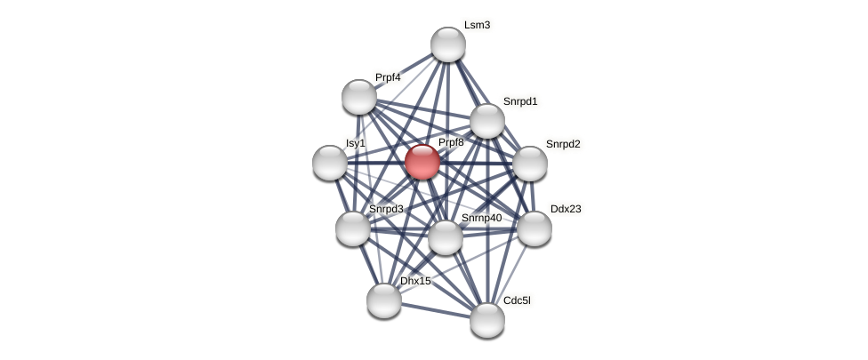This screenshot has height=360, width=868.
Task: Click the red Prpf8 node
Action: point(422,162)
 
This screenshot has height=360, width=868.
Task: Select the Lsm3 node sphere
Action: point(448,44)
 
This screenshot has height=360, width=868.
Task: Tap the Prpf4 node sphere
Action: point(359,97)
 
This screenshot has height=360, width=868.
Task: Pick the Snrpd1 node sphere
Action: point(487,121)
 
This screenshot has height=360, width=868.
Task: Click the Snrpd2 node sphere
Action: point(530,164)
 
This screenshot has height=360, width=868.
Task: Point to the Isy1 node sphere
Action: point(330,163)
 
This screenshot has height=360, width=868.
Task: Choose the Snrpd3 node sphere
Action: point(353,228)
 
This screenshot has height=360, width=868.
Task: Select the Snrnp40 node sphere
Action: point(446,237)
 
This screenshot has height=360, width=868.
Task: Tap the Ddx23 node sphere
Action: point(534,228)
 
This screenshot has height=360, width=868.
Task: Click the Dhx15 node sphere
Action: point(384,300)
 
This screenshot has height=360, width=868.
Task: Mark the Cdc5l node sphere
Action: point(487,320)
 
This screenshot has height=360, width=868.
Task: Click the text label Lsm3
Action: point(477,25)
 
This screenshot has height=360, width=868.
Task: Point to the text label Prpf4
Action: point(388,77)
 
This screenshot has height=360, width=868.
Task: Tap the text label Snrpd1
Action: point(520,101)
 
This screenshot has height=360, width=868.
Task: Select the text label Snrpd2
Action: point(563,144)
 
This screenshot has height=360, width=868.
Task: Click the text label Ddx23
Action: point(566,209)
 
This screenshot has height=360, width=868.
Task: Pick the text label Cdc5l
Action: point(517,300)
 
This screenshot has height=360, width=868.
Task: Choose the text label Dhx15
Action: point(415,281)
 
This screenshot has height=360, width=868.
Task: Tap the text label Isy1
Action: point(356,143)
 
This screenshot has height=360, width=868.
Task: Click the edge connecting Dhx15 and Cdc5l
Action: point(436,310)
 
